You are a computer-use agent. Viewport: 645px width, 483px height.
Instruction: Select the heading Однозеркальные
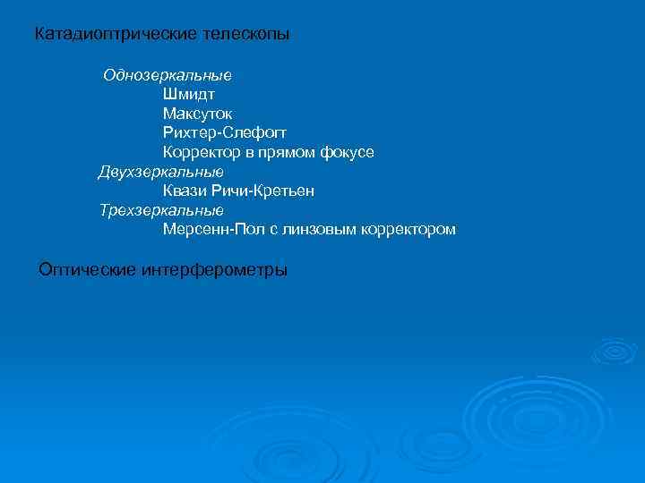click(168, 75)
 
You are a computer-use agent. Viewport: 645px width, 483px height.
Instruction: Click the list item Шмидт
click(189, 94)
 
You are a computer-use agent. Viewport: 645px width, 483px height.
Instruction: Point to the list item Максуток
click(197, 114)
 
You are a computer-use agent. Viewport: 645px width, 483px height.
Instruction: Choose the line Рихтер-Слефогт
click(224, 133)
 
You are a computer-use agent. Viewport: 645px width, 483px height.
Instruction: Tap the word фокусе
click(347, 153)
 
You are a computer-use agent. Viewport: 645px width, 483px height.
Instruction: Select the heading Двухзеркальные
click(161, 172)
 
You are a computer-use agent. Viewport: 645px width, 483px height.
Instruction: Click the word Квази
click(185, 191)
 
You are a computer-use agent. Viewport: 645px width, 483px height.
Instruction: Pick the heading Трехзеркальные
click(161, 210)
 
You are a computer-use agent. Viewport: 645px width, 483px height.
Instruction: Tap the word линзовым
click(314, 230)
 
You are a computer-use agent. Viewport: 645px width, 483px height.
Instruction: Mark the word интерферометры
click(215, 269)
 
